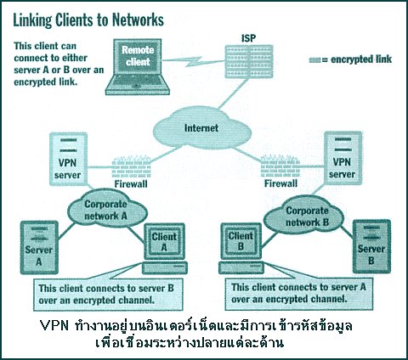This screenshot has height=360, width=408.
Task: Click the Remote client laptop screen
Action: point(138,57)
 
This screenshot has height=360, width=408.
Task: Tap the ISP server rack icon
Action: point(249,61)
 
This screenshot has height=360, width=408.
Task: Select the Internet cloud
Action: point(202,128)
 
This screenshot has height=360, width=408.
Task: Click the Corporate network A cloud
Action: point(107,209)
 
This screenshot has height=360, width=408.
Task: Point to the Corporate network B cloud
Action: point(303,217)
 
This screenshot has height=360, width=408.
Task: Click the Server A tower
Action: point(39,247)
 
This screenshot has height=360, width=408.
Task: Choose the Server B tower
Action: point(371,246)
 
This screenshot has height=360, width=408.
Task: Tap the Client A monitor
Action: point(164,242)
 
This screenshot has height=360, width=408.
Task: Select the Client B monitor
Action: point(241,241)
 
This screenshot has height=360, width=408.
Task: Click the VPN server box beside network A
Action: point(68,159)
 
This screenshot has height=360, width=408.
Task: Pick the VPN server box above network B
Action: point(343,158)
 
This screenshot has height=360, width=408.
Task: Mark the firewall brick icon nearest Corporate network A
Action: point(132,166)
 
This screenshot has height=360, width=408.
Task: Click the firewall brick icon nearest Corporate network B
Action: point(280,166)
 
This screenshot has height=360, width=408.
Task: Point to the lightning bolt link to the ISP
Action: point(193,61)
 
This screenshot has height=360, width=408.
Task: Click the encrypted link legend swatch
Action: point(314,60)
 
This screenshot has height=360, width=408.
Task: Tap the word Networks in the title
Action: point(138,20)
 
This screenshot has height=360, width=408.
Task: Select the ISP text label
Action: point(248,38)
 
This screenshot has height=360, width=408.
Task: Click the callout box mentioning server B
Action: point(108,295)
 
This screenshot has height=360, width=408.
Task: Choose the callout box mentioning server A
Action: point(299,294)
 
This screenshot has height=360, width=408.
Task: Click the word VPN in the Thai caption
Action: point(54,326)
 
